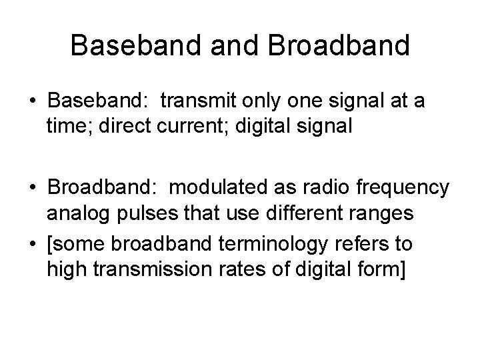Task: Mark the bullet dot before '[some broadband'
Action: [x=33, y=245]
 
